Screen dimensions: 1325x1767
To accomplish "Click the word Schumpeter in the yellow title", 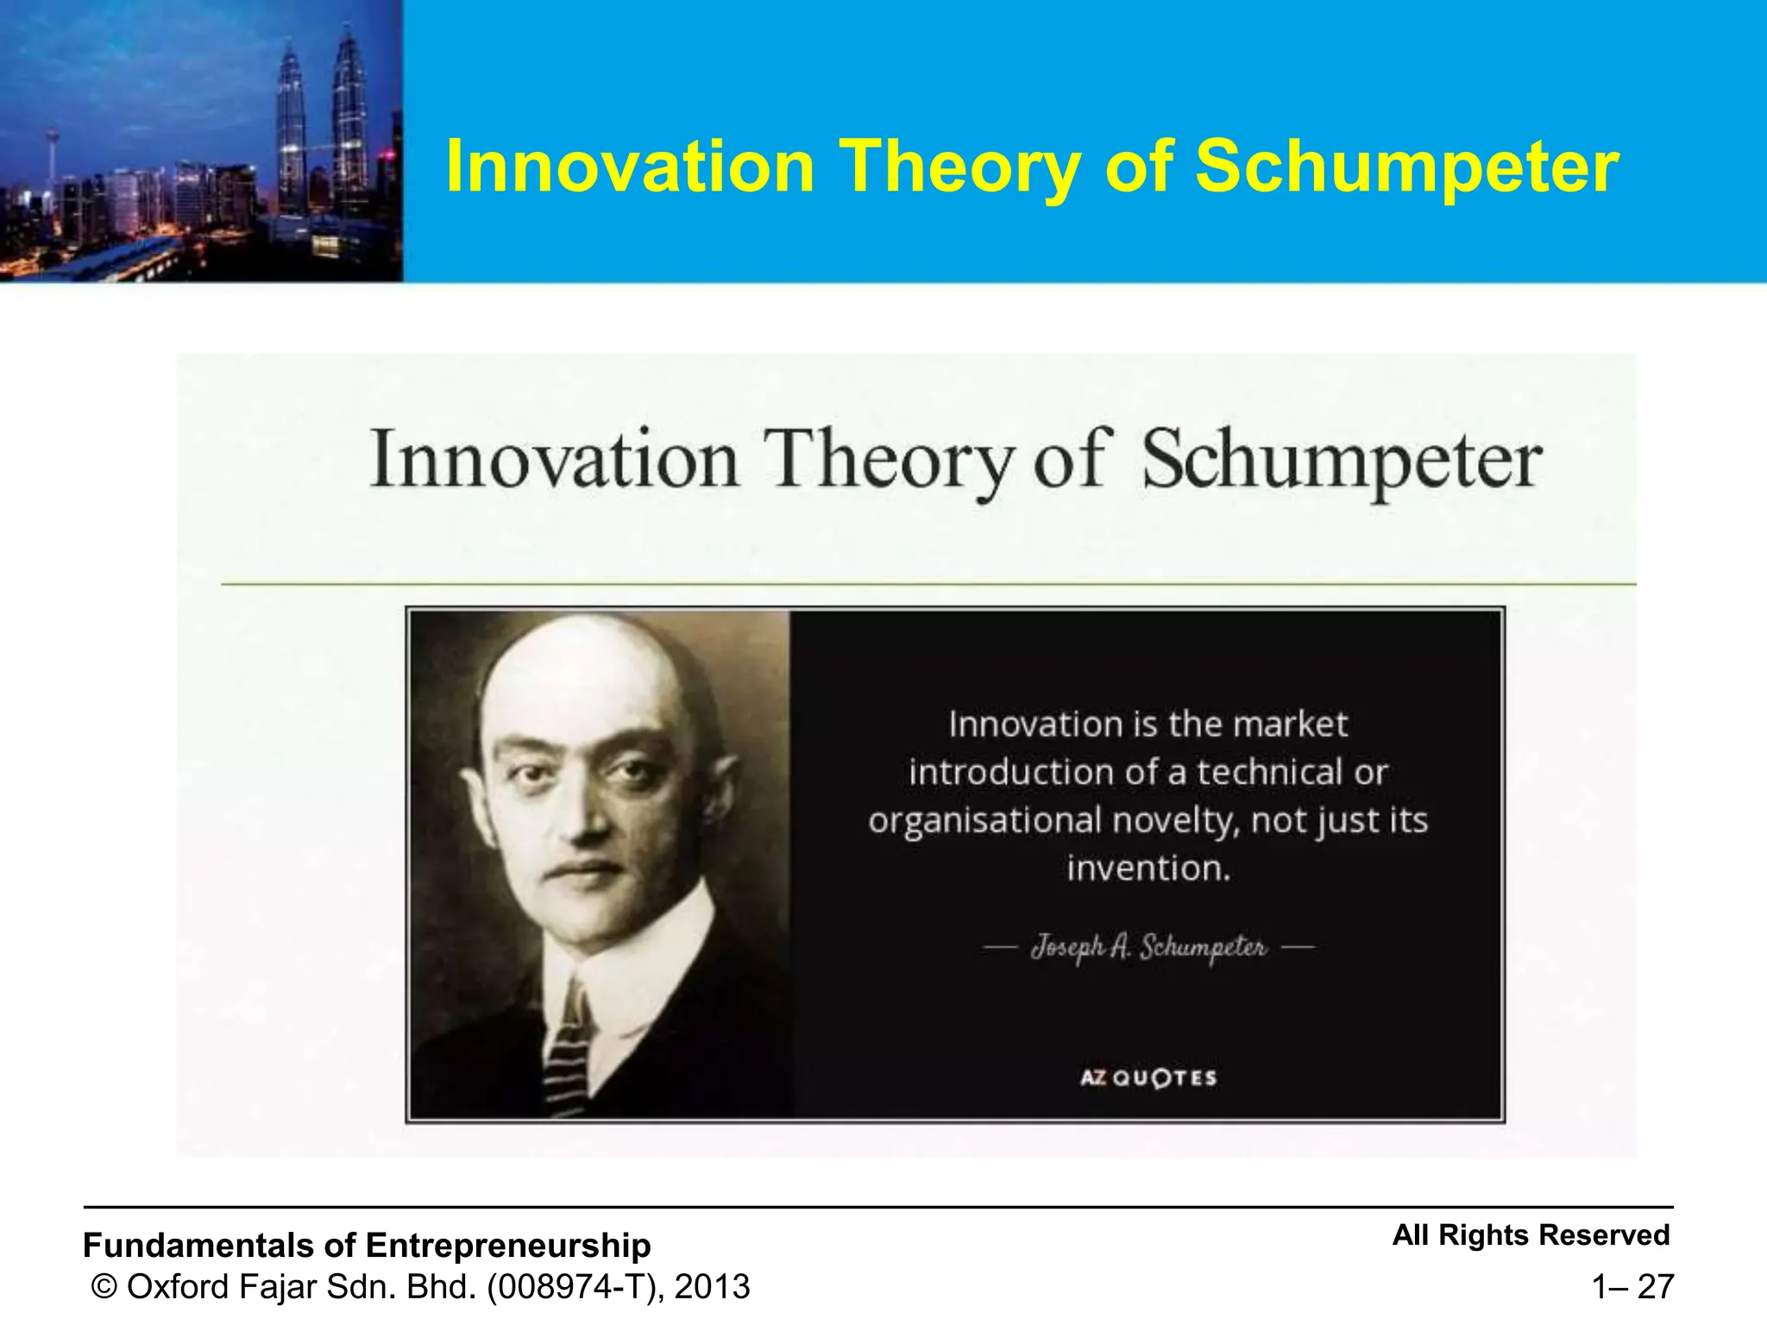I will pos(1406,167).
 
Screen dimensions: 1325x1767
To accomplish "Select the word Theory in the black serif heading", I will pos(889,461).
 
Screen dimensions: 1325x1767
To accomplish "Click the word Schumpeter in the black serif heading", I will pos(1342,461).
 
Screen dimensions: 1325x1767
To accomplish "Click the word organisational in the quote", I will pos(984,820).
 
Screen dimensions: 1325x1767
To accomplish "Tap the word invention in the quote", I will pos(1148,868).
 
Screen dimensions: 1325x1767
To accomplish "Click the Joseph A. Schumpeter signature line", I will pos(1148,948).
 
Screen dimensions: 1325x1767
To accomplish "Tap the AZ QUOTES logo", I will pos(1148,1077).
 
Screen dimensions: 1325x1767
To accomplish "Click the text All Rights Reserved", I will pos(1531,1235).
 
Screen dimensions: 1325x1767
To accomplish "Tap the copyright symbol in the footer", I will pos(104,1287).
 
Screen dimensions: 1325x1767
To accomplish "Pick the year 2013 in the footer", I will pos(712,1287).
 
